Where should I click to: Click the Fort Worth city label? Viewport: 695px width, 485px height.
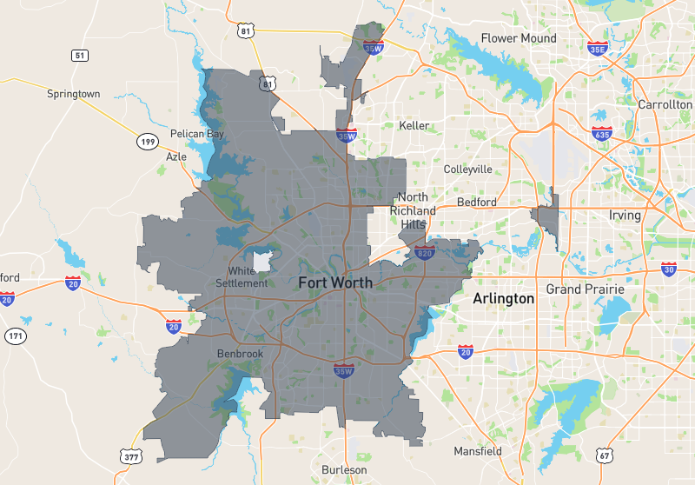[x=335, y=282]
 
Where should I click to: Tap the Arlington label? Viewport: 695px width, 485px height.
[x=503, y=298]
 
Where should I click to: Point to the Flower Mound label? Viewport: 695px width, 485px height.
[x=519, y=38]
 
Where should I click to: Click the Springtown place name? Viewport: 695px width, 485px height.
[x=74, y=93]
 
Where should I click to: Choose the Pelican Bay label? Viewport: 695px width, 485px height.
[x=197, y=135]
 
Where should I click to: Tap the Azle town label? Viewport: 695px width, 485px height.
[x=176, y=156]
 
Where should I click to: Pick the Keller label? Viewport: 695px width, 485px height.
[x=414, y=125]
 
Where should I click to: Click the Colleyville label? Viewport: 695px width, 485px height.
[x=467, y=169]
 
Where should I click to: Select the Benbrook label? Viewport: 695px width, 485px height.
[x=239, y=353]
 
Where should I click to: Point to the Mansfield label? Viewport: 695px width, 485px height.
[x=478, y=451]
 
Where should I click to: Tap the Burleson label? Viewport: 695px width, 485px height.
[x=344, y=470]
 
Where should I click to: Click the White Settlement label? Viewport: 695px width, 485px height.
[x=242, y=276]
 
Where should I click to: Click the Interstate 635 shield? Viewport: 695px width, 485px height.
[x=601, y=134]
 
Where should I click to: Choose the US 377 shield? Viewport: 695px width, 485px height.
[x=130, y=456]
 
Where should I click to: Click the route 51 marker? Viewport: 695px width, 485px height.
[x=80, y=56]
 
